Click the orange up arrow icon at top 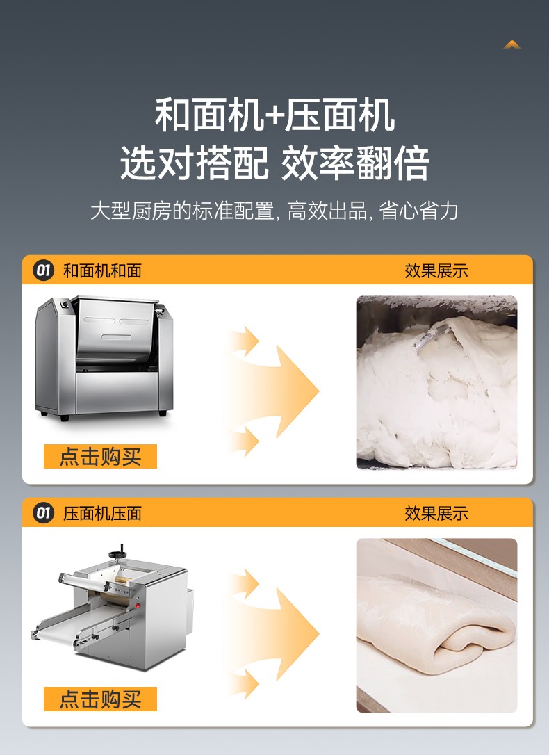point(512,44)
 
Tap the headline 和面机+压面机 point(274,115)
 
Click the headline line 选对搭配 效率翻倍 point(274,163)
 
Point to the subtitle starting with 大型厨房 point(274,211)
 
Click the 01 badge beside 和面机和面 point(43,270)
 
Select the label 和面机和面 point(102,270)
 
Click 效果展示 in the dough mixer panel point(436,270)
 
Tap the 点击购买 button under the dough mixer point(100,457)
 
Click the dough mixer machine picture point(104,358)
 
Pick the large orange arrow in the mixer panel point(284,391)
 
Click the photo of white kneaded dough point(437,382)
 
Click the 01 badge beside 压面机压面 point(43,513)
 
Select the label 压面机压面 point(102,513)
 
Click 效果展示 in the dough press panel point(436,513)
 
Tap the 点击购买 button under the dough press point(100,699)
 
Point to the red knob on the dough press point(138,606)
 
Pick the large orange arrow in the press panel point(284,633)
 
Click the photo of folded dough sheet point(437,626)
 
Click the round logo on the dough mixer point(64,303)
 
